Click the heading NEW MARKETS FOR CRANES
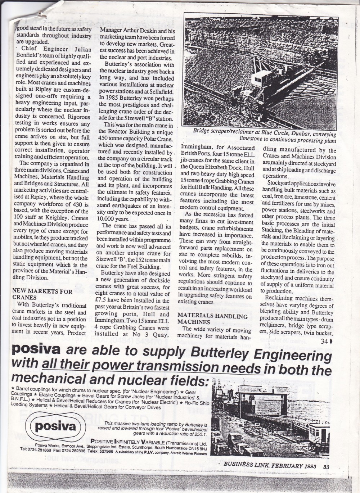click(42, 294)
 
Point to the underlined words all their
click(66, 366)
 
